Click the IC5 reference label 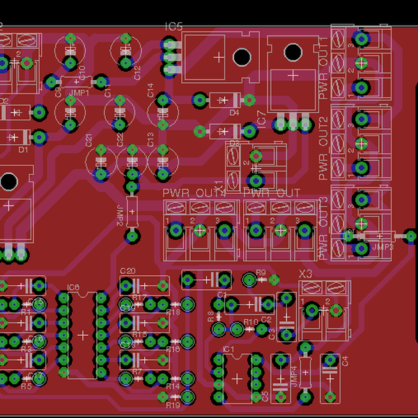[x=173, y=26]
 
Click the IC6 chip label [x=74, y=287]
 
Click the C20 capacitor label [x=127, y=271]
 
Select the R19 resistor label [x=173, y=405]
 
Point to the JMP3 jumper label [x=382, y=247]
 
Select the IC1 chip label [x=227, y=348]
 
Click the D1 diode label [x=22, y=149]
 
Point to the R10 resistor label [x=251, y=321]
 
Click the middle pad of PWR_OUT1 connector [x=361, y=63]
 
